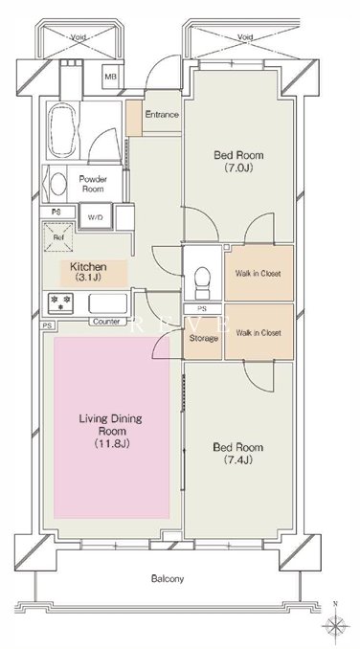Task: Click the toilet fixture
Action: [x=202, y=282]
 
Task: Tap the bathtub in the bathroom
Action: [x=63, y=130]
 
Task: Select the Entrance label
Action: [x=162, y=115]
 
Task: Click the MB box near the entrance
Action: [x=109, y=77]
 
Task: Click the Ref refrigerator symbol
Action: [x=58, y=237]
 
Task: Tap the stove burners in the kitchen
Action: [x=60, y=302]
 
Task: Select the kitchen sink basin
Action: [x=107, y=303]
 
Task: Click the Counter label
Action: [x=106, y=322]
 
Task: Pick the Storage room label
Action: [x=204, y=338]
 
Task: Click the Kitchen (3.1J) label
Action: [x=88, y=272]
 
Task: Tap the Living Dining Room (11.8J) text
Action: [x=110, y=431]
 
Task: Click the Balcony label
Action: [x=168, y=578]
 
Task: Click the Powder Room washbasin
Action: [x=58, y=184]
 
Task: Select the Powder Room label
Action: [x=93, y=184]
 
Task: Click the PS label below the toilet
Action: [x=202, y=309]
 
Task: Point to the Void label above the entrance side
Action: [x=245, y=37]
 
